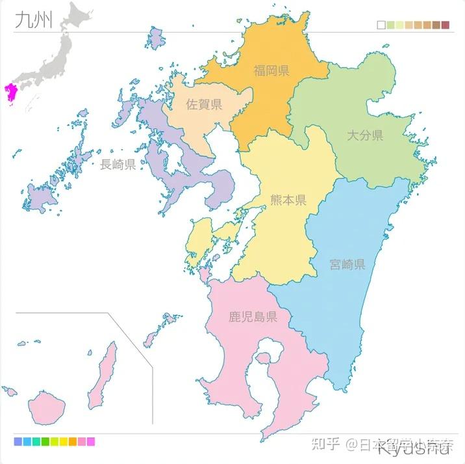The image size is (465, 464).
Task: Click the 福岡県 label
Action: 271,70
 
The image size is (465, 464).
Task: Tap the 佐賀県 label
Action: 204,104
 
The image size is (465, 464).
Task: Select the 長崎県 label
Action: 118,164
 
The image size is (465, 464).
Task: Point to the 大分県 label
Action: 364,135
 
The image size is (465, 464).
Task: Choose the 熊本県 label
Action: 288,200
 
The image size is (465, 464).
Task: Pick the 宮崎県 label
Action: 347,264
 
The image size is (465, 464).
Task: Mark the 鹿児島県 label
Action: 253,318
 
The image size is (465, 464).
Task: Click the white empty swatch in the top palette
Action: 381,25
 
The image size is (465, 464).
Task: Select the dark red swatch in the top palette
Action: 445,25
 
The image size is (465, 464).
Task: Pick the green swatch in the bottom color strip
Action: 45,442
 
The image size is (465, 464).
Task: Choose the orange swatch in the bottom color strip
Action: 73,442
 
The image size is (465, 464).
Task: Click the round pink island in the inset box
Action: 48,406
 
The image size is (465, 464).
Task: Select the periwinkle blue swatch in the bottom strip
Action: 18,442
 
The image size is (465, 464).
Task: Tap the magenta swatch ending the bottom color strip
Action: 91,442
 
